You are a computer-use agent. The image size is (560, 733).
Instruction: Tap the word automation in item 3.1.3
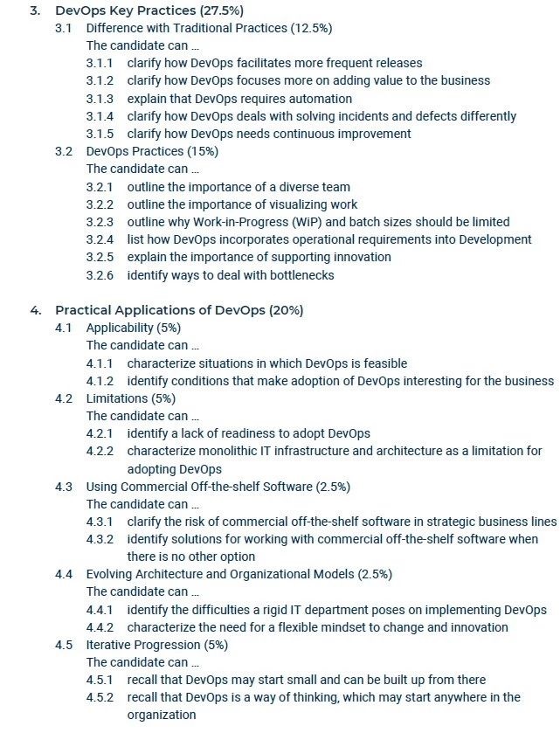(x=294, y=99)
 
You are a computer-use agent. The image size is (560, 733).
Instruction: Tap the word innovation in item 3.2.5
(x=360, y=258)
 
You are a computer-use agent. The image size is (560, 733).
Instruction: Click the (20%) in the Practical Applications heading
(x=286, y=310)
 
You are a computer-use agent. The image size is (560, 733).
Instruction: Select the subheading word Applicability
(x=118, y=328)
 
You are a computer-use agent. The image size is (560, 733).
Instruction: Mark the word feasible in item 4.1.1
(x=383, y=363)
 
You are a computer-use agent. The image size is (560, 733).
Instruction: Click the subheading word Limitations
(x=114, y=398)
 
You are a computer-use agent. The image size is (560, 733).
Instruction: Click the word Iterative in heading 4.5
(x=109, y=645)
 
